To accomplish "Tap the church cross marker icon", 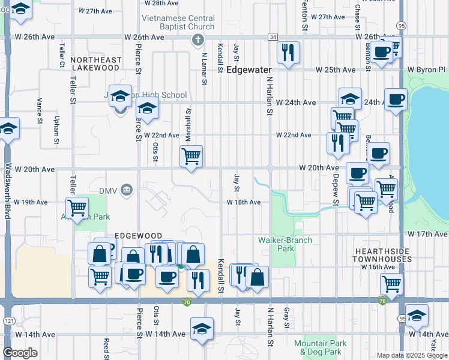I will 198,40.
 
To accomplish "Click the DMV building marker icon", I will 126,190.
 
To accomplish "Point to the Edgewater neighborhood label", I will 249,70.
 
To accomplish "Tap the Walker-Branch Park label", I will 285,244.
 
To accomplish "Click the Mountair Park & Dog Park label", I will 321,347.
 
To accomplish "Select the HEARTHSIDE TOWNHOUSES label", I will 383,255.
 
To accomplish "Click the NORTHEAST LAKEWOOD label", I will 95,64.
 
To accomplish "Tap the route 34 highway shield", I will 273,37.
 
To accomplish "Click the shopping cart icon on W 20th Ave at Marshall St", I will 191,157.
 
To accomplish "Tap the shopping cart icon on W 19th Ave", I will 77,208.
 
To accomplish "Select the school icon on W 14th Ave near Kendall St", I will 202,329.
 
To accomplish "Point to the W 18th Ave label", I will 244,202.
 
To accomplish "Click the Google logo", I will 20,353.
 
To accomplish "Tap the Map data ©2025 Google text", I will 411,355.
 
